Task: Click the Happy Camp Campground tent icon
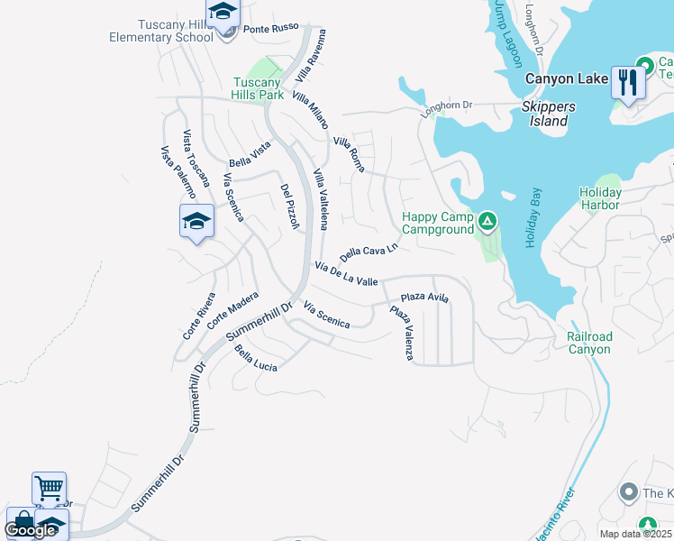(487, 220)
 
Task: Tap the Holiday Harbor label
(600, 198)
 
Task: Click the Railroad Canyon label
(590, 343)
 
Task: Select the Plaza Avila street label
(424, 297)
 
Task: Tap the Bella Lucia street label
(256, 361)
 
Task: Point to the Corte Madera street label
(232, 310)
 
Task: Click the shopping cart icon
(49, 488)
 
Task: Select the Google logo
(30, 529)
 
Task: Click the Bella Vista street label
(250, 155)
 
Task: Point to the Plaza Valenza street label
(401, 334)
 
